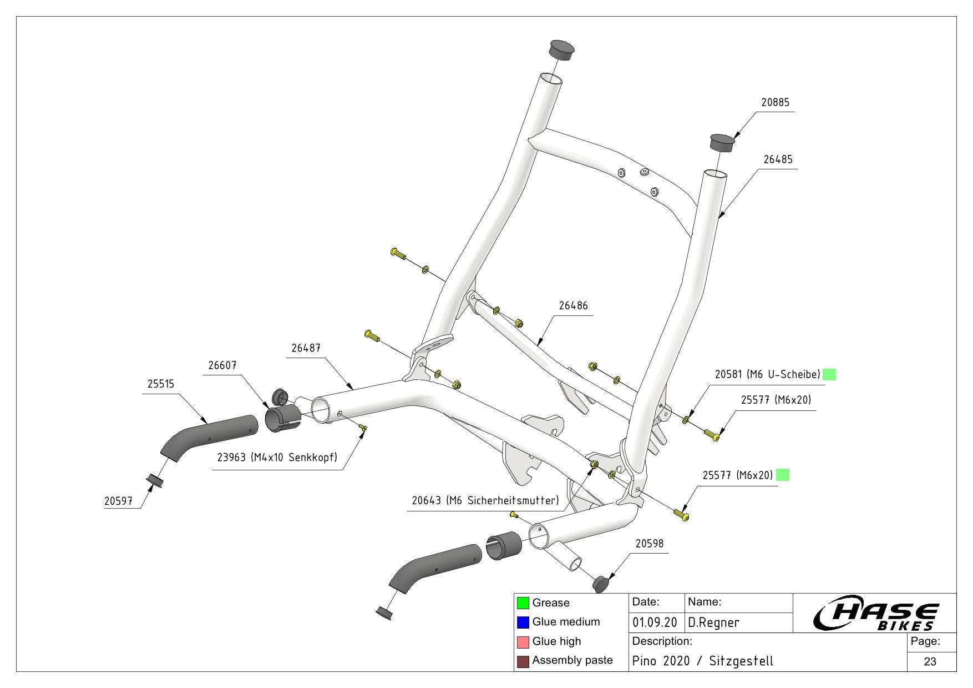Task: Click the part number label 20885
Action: coord(775,103)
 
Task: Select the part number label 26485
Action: coord(778,159)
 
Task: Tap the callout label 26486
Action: coord(573,306)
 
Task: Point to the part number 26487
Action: coord(306,348)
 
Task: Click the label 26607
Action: coord(222,366)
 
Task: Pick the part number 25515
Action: coord(161,384)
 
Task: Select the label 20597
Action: coord(118,501)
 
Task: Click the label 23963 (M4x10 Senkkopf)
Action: coord(277,458)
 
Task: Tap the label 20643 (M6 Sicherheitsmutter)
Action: coord(485,501)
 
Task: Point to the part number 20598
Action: coord(649,544)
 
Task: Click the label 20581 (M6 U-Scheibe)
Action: coord(767,374)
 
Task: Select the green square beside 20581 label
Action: coord(829,374)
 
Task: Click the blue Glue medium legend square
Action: coord(523,622)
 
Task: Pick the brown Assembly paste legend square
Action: coord(523,661)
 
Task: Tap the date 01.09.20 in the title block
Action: coord(655,623)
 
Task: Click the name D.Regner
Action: coord(713,623)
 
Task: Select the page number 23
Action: coord(930,661)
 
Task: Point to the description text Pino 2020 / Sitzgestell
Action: coord(702,661)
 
